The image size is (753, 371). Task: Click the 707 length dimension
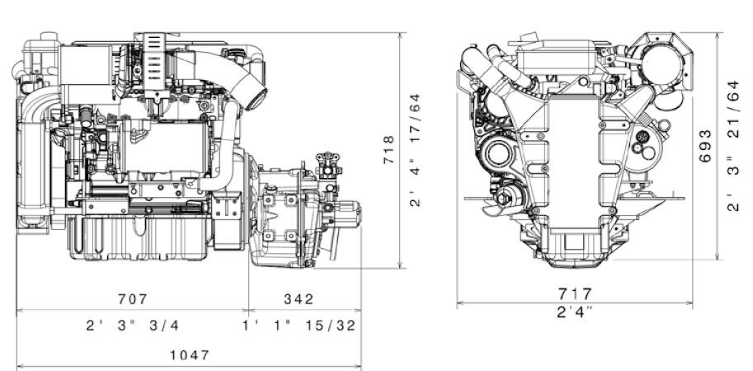click(133, 299)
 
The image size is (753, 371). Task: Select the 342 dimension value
click(299, 299)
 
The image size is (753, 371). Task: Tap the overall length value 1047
click(190, 355)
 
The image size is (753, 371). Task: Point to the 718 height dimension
click(388, 150)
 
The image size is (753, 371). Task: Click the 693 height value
click(705, 146)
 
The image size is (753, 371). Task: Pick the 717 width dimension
click(574, 294)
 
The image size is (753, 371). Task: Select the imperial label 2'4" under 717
click(574, 312)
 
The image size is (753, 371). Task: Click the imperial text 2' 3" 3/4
click(133, 326)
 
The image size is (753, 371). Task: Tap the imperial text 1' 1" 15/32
click(299, 326)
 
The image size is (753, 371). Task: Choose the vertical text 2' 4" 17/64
click(415, 150)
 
